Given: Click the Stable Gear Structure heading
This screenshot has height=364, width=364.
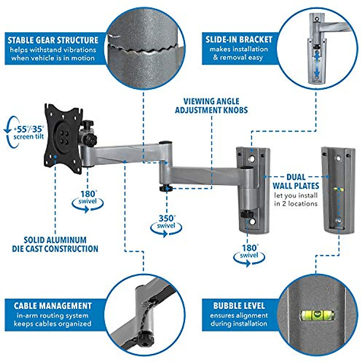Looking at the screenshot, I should coord(53,40).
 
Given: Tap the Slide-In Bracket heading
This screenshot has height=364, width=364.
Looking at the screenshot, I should coord(239,39).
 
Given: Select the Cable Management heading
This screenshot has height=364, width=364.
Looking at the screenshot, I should coord(53,305).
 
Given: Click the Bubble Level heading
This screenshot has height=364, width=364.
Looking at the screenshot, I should coord(239,305).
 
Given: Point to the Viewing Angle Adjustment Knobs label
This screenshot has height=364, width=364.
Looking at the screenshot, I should coord(211,106).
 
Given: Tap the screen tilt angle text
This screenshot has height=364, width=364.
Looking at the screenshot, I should coord(29,133).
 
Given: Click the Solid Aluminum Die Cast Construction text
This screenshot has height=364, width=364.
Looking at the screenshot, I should coord(55,244).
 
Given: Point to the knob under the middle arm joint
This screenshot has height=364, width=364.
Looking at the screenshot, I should coord(165,188).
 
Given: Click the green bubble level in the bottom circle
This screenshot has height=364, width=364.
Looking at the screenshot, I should coord(317,315).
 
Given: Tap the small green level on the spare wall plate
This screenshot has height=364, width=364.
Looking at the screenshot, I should coord(339,190).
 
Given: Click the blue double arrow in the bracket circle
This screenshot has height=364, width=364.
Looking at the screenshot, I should coord(317,64).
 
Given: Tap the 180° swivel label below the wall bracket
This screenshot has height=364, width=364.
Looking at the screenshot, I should coord(249,252).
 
